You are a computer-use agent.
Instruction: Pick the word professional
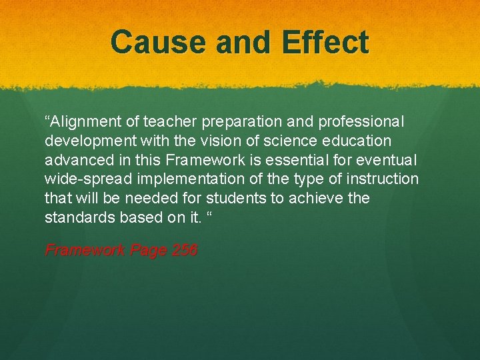(x=361, y=122)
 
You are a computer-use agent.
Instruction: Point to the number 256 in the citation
(x=184, y=251)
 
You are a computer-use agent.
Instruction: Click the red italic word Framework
(x=85, y=251)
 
